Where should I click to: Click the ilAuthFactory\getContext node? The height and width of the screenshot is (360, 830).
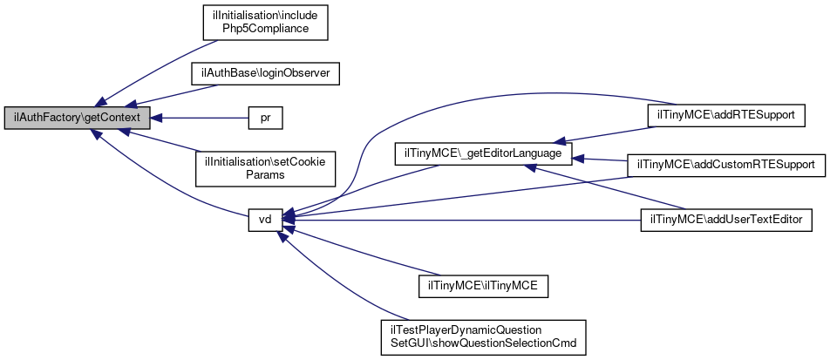78,117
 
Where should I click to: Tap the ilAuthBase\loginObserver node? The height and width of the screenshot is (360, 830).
265,74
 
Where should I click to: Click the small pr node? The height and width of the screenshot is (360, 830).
265,117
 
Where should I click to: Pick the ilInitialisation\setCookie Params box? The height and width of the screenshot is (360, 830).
265,168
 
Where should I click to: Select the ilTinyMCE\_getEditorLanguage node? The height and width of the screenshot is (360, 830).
484,153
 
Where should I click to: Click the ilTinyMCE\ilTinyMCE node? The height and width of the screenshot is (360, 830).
483,284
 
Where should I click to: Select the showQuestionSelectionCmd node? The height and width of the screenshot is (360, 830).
484,336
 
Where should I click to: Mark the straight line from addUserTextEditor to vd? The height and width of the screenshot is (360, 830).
462,220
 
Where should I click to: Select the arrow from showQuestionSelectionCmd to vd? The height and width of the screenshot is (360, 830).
340,278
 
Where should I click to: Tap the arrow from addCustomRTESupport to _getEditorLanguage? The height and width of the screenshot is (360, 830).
602,160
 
